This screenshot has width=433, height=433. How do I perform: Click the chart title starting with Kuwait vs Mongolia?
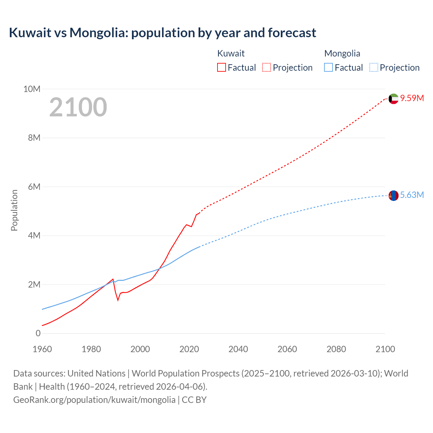point(162,33)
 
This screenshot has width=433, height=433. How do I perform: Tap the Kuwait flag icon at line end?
point(393,99)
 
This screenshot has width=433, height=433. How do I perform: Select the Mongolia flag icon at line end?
point(393,196)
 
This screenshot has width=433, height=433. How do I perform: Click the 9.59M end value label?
point(412,98)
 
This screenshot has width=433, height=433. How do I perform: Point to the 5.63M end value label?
point(412,195)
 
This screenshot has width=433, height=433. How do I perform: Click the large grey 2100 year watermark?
point(78,107)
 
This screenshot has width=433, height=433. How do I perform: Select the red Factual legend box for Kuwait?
point(221,67)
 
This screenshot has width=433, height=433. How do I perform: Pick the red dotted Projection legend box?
point(267,67)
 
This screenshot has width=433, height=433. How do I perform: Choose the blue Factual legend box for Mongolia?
point(328,67)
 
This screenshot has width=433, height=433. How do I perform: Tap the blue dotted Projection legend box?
point(374,67)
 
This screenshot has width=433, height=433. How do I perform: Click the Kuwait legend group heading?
point(231,53)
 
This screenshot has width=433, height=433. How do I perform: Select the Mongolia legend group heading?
point(342,53)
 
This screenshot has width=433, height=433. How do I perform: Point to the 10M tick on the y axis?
point(32,89)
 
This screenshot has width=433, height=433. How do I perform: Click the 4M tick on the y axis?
point(34,235)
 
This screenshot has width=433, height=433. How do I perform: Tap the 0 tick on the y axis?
point(38,334)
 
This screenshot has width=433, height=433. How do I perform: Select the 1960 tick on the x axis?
point(42,349)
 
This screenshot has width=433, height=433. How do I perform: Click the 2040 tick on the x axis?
point(238,349)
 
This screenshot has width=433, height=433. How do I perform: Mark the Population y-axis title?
point(14,210)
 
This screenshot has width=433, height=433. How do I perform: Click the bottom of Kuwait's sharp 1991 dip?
point(118,300)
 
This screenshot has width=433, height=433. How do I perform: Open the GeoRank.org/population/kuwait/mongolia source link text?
point(94,400)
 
